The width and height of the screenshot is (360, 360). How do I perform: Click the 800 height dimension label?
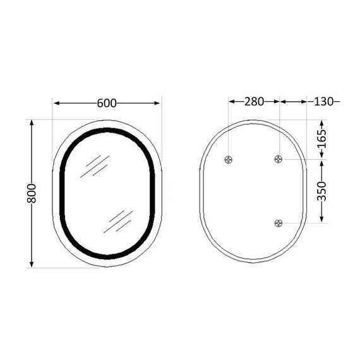pyautogui.click(x=32, y=193)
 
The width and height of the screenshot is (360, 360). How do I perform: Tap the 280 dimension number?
pyautogui.click(x=255, y=101)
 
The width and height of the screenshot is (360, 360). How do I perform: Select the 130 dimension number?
pyautogui.click(x=323, y=101)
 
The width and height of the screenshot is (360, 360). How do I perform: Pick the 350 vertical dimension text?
pyautogui.click(x=322, y=191)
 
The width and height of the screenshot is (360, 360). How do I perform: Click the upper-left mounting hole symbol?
pyautogui.click(x=229, y=160)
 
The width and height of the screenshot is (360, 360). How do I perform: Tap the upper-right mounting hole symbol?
pyautogui.click(x=279, y=160)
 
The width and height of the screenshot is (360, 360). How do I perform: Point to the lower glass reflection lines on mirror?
pyautogui.click(x=120, y=220)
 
